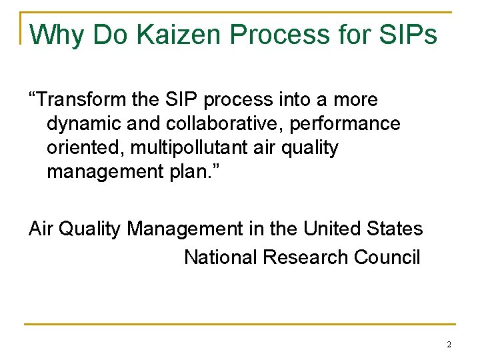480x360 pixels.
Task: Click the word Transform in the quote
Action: pyautogui.click(x=79, y=100)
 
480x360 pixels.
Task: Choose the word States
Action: pyautogui.click(x=395, y=229)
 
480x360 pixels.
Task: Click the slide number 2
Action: pyautogui.click(x=449, y=345)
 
